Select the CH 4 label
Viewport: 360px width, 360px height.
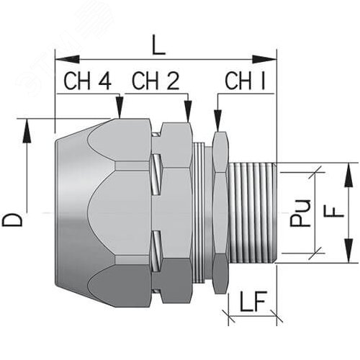pos(88,81)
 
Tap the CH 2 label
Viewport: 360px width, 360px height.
pos(154,81)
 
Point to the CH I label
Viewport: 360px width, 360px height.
pos(245,81)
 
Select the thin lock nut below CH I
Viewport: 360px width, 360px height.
pos(220,213)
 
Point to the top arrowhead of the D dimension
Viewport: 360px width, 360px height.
pos(28,125)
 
